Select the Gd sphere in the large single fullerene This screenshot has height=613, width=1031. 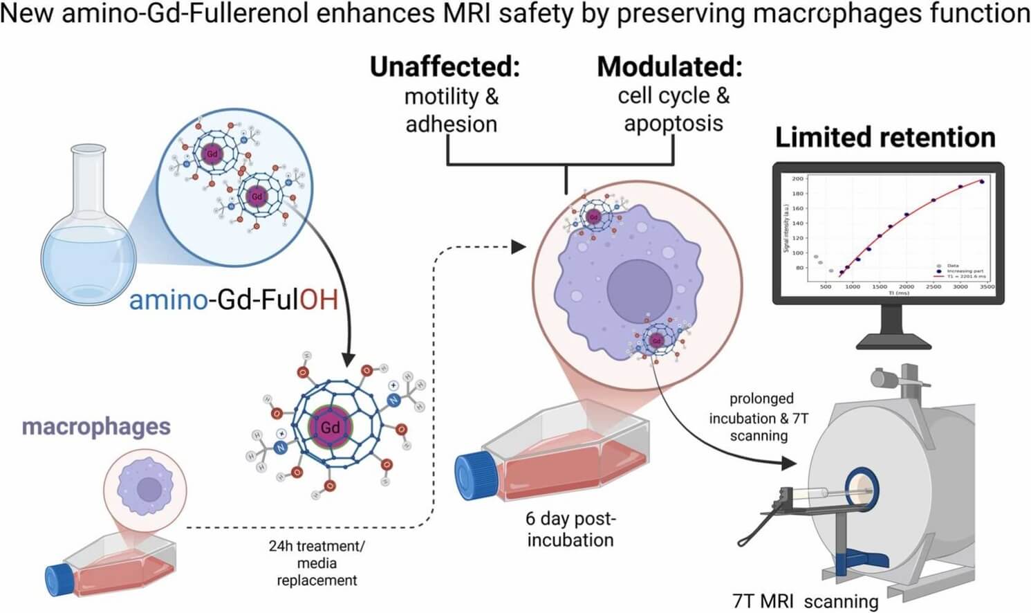(330, 427)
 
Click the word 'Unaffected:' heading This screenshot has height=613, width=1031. (445, 67)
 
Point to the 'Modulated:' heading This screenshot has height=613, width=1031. (669, 67)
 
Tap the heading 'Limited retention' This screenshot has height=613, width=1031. (885, 138)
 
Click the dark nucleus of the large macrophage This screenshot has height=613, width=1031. (640, 291)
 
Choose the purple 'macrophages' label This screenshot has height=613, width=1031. (96, 426)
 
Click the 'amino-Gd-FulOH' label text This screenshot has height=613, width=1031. (233, 300)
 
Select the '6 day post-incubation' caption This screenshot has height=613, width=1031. (570, 529)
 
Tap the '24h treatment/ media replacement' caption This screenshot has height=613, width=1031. (317, 562)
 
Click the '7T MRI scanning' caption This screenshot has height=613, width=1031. (805, 601)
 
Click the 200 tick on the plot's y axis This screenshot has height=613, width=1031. (797, 179)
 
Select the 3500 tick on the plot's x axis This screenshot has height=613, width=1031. (987, 286)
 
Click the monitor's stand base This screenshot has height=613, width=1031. (893, 340)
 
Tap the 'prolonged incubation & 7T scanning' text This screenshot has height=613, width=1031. (759, 417)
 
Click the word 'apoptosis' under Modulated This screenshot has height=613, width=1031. (673, 124)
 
